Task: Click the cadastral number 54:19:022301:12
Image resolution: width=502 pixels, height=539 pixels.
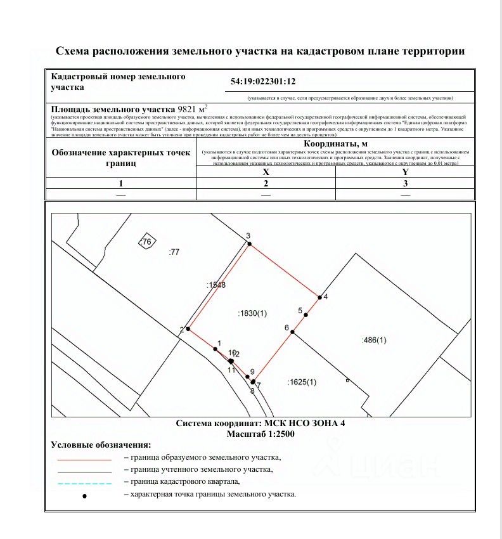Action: pyautogui.click(x=264, y=82)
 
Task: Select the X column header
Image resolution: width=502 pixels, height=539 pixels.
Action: pyautogui.click(x=266, y=172)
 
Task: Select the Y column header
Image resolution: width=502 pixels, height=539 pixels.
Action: pyautogui.click(x=406, y=172)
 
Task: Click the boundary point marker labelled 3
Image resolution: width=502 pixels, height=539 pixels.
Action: pyautogui.click(x=249, y=244)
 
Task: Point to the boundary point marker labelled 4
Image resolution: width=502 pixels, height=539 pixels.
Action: pyautogui.click(x=319, y=297)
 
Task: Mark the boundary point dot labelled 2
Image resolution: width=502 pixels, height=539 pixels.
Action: pyautogui.click(x=188, y=329)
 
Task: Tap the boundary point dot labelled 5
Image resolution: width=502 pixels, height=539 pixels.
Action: pyautogui.click(x=306, y=315)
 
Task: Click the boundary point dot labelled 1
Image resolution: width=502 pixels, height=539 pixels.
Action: pyautogui.click(x=216, y=349)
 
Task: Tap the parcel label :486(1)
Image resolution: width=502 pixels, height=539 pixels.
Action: pyautogui.click(x=374, y=341)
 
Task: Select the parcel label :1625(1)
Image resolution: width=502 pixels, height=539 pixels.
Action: pyautogui.click(x=302, y=382)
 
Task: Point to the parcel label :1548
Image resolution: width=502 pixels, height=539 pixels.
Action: pyautogui.click(x=216, y=286)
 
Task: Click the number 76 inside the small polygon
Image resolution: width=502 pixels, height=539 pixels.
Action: pyautogui.click(x=147, y=242)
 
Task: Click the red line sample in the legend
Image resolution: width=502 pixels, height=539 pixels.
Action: pyautogui.click(x=84, y=459)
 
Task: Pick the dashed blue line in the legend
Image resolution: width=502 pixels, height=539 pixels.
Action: pyautogui.click(x=84, y=483)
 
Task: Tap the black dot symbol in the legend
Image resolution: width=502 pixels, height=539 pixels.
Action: pyautogui.click(x=84, y=495)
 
